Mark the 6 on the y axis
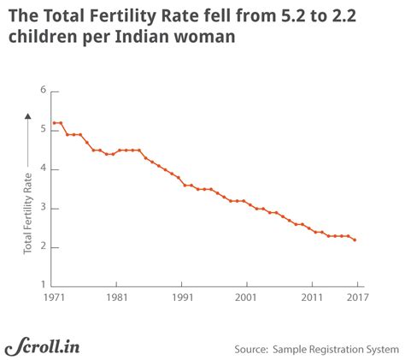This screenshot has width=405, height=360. (42, 90)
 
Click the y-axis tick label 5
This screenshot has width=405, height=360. (42, 129)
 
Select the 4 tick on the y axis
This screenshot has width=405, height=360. (42, 168)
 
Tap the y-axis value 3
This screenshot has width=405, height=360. (42, 208)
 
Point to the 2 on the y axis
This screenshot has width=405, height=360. (42, 247)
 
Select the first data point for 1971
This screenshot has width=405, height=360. (53, 122)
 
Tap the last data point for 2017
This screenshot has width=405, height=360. (355, 240)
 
